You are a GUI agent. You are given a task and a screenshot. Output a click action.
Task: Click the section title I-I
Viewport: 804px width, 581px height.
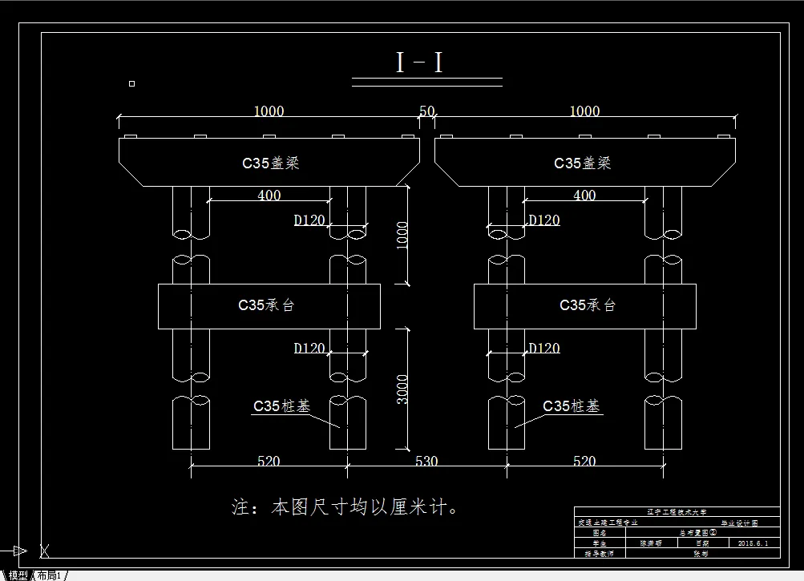coord(418,63)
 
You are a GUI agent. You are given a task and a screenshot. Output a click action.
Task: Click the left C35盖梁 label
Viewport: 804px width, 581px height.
coord(270,163)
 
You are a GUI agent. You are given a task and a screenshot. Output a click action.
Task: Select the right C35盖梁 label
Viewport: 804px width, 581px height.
coord(583,163)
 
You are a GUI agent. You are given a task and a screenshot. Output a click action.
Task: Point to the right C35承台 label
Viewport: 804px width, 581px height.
coord(588,305)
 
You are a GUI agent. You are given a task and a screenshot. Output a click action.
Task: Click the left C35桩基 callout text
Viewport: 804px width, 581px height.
coord(281,406)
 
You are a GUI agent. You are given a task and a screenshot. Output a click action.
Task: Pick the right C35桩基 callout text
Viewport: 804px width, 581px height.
coord(571,406)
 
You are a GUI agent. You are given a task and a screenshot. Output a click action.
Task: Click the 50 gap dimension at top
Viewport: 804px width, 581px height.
coord(426,111)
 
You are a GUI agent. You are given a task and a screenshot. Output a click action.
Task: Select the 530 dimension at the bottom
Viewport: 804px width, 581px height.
coord(426,461)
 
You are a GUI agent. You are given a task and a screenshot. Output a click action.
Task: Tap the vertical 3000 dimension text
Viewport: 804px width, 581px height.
coord(402,389)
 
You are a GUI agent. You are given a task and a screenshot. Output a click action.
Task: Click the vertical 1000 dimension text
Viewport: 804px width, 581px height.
coord(402,236)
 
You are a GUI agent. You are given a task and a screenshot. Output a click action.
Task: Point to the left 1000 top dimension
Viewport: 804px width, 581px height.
coord(269,111)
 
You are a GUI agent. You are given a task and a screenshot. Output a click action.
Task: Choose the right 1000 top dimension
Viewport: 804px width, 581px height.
coord(584,111)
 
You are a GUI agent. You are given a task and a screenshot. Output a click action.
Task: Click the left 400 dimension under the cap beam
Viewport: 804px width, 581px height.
coord(269,195)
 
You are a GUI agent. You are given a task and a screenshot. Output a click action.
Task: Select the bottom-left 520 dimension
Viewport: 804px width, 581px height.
coord(269,461)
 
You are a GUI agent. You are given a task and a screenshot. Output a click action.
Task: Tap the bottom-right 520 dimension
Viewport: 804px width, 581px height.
coord(584,461)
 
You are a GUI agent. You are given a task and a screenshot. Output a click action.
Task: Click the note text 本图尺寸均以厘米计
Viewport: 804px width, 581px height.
coord(345,507)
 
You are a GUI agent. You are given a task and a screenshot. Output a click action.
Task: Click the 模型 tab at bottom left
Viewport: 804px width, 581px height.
coord(18,575)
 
